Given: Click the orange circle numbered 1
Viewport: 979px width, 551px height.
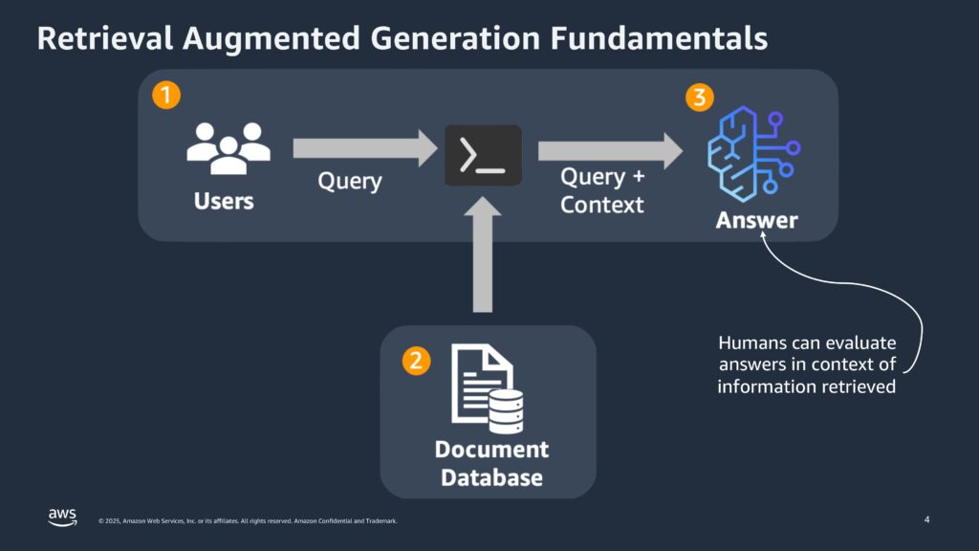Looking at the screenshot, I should pos(166,96).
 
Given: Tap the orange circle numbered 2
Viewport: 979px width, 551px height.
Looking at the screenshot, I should pos(415,361).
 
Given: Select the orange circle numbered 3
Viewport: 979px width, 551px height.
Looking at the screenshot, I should pos(700,98).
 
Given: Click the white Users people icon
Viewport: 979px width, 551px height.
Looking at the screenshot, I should pos(228,148).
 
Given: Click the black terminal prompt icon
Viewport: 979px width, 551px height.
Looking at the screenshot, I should pos(483,155).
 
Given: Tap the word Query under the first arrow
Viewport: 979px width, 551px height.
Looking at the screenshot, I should pos(350,182).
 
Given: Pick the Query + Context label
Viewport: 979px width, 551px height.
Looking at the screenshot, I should pos(602,190).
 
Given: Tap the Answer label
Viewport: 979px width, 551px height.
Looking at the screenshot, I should pos(756,220).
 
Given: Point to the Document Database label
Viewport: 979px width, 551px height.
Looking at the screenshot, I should pos(491,463).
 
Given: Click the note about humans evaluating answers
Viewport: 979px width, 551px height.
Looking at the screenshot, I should pos(807,364).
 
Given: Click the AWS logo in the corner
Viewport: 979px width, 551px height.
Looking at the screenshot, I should pos(62,517).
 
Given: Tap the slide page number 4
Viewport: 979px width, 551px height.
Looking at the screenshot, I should pos(926,519).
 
